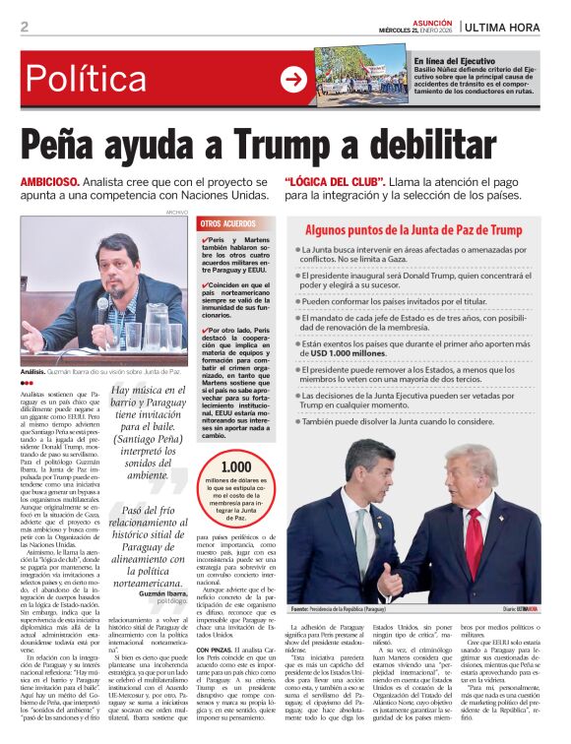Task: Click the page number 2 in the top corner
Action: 24,27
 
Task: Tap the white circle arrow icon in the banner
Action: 292,78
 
